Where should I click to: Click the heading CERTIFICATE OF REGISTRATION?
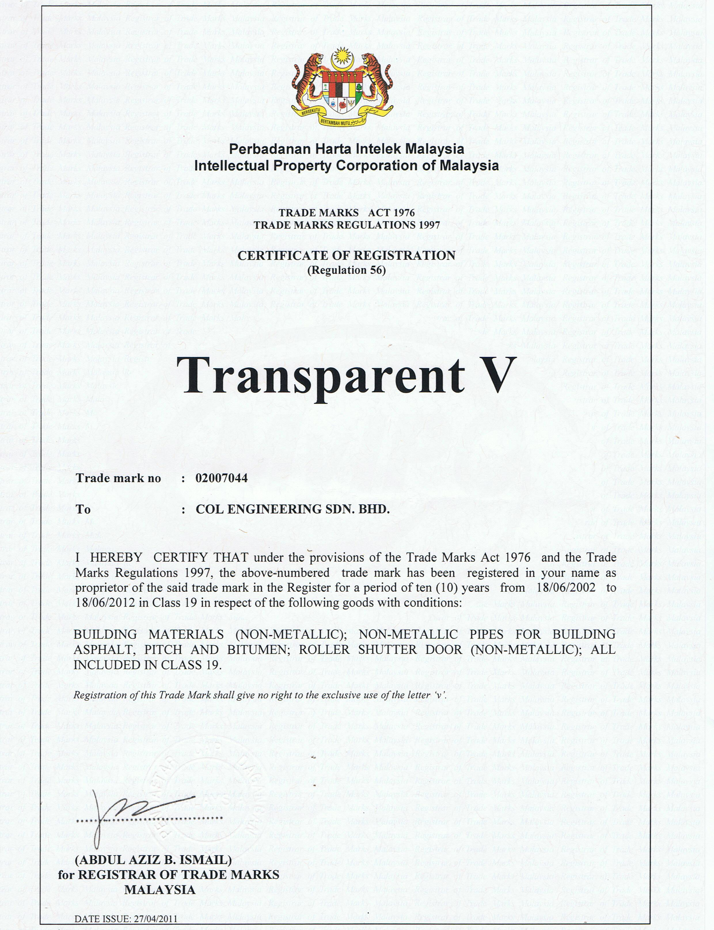tap(346, 255)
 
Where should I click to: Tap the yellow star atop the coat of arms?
tap(342, 56)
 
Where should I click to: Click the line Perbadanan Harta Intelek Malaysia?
tap(346, 149)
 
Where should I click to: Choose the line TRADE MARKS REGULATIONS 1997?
tap(346, 225)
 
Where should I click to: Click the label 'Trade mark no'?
tap(119, 479)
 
